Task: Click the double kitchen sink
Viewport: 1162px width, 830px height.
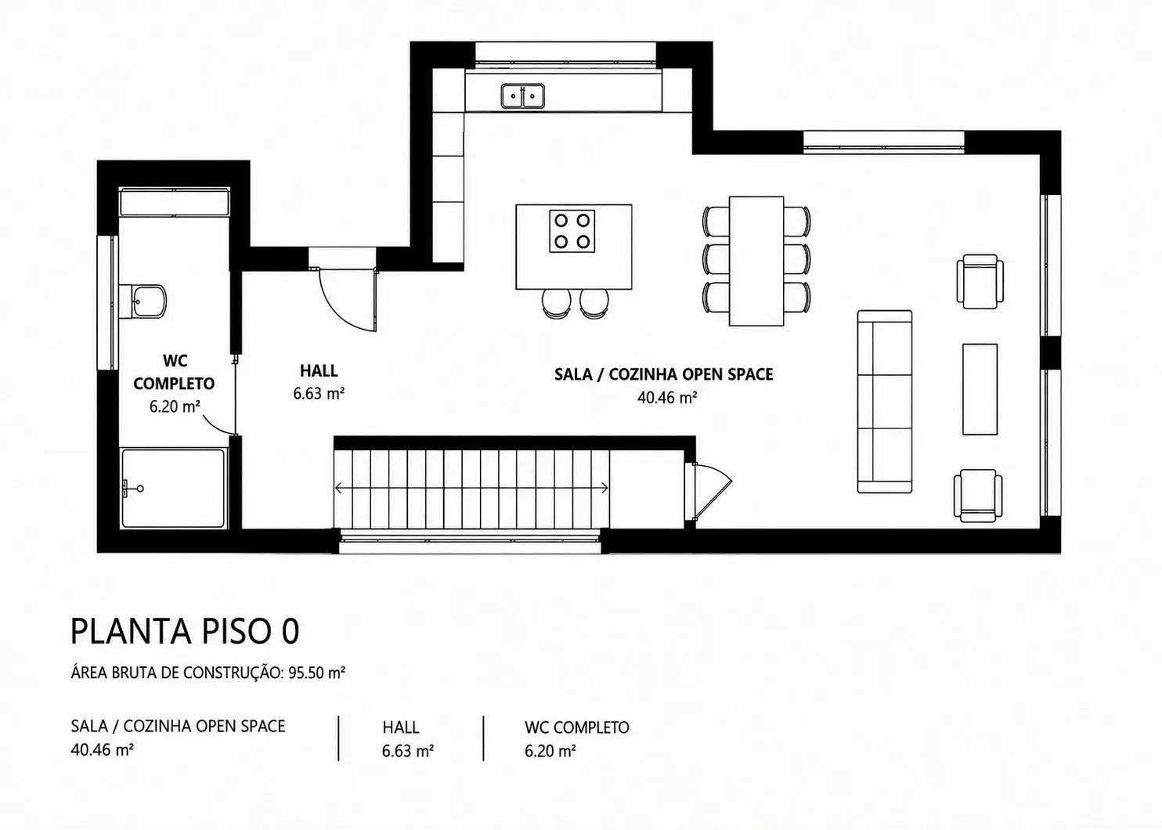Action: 522,96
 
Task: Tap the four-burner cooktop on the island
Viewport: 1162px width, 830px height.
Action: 572,231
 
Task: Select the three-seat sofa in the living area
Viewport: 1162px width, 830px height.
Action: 885,402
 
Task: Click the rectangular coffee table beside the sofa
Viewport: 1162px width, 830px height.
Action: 980,389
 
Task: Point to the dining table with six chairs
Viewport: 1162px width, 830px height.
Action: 756,261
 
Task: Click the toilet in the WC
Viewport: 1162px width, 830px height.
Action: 143,301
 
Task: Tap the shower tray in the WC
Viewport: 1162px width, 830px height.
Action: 173,489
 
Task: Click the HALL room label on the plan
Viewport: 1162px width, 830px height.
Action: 319,370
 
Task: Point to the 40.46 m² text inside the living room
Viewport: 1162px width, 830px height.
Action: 667,397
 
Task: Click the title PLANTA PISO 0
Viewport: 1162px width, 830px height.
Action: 185,631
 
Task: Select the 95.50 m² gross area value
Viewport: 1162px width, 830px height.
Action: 317,673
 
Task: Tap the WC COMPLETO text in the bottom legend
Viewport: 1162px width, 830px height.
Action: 577,727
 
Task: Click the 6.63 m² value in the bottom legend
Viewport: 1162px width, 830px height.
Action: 408,751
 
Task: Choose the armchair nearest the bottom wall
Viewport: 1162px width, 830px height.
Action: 978,496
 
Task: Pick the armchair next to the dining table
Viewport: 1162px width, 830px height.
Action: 980,281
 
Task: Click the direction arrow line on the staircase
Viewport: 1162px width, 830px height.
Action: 471,488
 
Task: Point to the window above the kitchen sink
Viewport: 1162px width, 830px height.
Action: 566,55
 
